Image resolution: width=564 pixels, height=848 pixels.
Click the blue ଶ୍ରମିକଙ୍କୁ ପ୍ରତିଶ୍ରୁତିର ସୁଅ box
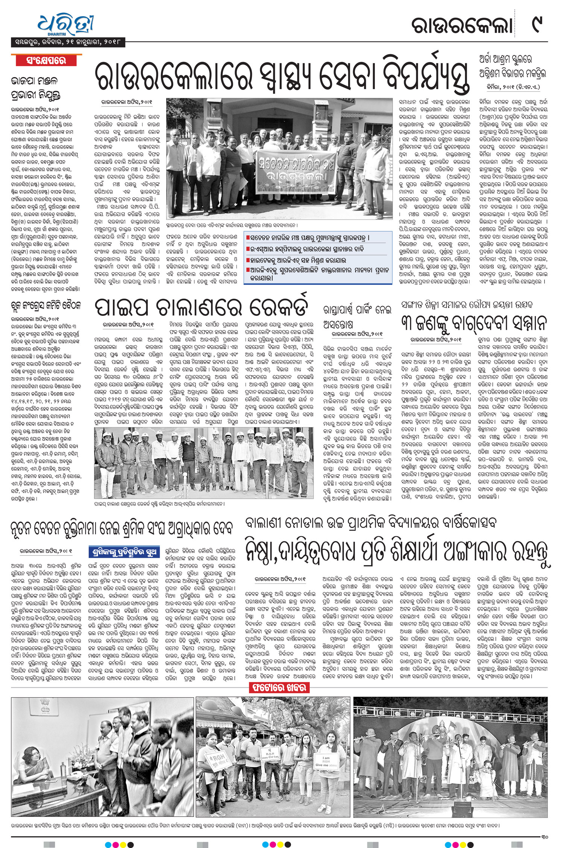tap(124, 552)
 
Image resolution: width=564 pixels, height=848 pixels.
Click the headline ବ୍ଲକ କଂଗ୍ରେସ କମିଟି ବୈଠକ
tap(46, 305)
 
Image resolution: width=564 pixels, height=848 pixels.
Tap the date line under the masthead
tap(68, 42)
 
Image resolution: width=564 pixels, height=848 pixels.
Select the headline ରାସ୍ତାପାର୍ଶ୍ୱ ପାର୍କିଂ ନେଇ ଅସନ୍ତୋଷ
tap(357, 316)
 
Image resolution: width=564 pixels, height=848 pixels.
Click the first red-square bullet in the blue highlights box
tap(248, 238)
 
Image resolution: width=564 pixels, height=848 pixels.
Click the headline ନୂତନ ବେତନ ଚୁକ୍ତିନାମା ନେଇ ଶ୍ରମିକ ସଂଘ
tap(121, 528)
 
